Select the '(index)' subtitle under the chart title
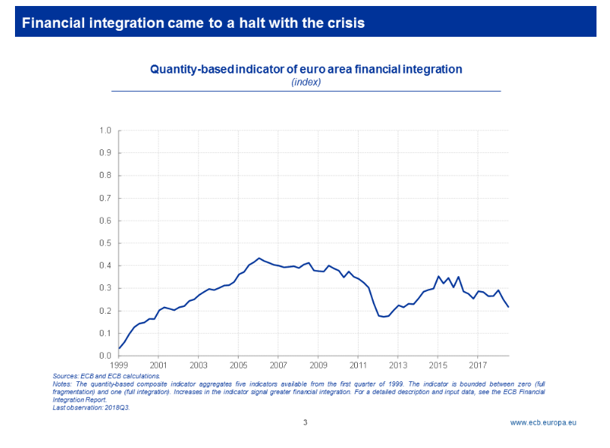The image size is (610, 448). pyautogui.click(x=305, y=82)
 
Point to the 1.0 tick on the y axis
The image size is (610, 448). pyautogui.click(x=105, y=131)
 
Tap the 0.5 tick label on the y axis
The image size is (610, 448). pyautogui.click(x=105, y=243)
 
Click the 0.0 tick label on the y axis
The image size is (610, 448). pyautogui.click(x=105, y=356)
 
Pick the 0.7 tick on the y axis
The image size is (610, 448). pyautogui.click(x=105, y=198)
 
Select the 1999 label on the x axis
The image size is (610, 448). pyautogui.click(x=119, y=365)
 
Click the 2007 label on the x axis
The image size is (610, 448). pyautogui.click(x=278, y=365)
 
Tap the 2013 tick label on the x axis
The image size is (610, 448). pyautogui.click(x=398, y=365)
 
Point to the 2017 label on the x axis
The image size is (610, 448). pyautogui.click(x=478, y=365)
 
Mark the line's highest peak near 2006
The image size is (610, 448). pyautogui.click(x=259, y=258)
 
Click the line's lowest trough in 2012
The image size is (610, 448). pyautogui.click(x=383, y=317)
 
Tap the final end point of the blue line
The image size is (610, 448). pyautogui.click(x=508, y=307)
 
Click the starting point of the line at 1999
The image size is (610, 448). pyautogui.click(x=119, y=348)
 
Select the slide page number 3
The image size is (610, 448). pyautogui.click(x=305, y=422)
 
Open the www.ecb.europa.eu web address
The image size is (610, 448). pyautogui.click(x=543, y=422)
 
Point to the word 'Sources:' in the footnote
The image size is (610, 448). pyautogui.click(x=65, y=375)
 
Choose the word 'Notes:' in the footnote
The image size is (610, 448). pyautogui.click(x=62, y=383)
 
